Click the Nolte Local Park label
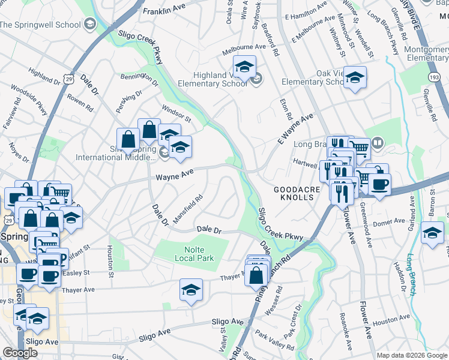(194, 254)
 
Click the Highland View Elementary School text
(220, 79)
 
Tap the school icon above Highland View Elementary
(244, 67)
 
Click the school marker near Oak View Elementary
(355, 77)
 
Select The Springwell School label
(40, 25)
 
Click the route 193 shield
(433, 77)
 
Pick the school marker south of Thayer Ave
(191, 290)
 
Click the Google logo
(20, 353)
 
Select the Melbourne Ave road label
(244, 46)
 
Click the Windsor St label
(176, 112)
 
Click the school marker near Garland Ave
(432, 233)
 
